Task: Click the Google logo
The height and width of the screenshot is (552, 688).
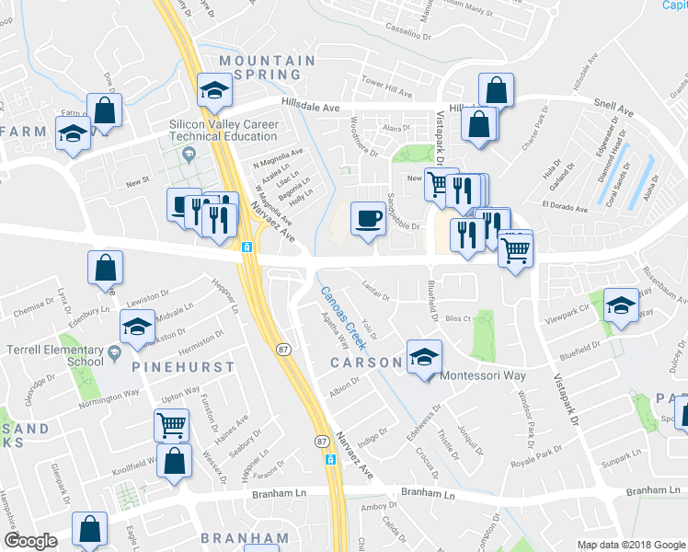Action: coord(30,541)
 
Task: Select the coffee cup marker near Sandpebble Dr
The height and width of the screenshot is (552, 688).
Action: coord(368,218)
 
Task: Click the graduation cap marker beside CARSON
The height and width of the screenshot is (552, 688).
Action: coord(423,357)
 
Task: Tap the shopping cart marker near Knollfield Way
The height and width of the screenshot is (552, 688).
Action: coord(171,425)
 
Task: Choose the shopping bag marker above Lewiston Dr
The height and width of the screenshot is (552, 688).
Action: coord(106,268)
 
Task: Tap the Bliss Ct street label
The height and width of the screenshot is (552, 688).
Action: coord(457,318)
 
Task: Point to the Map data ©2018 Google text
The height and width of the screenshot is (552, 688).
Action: coord(630,545)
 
